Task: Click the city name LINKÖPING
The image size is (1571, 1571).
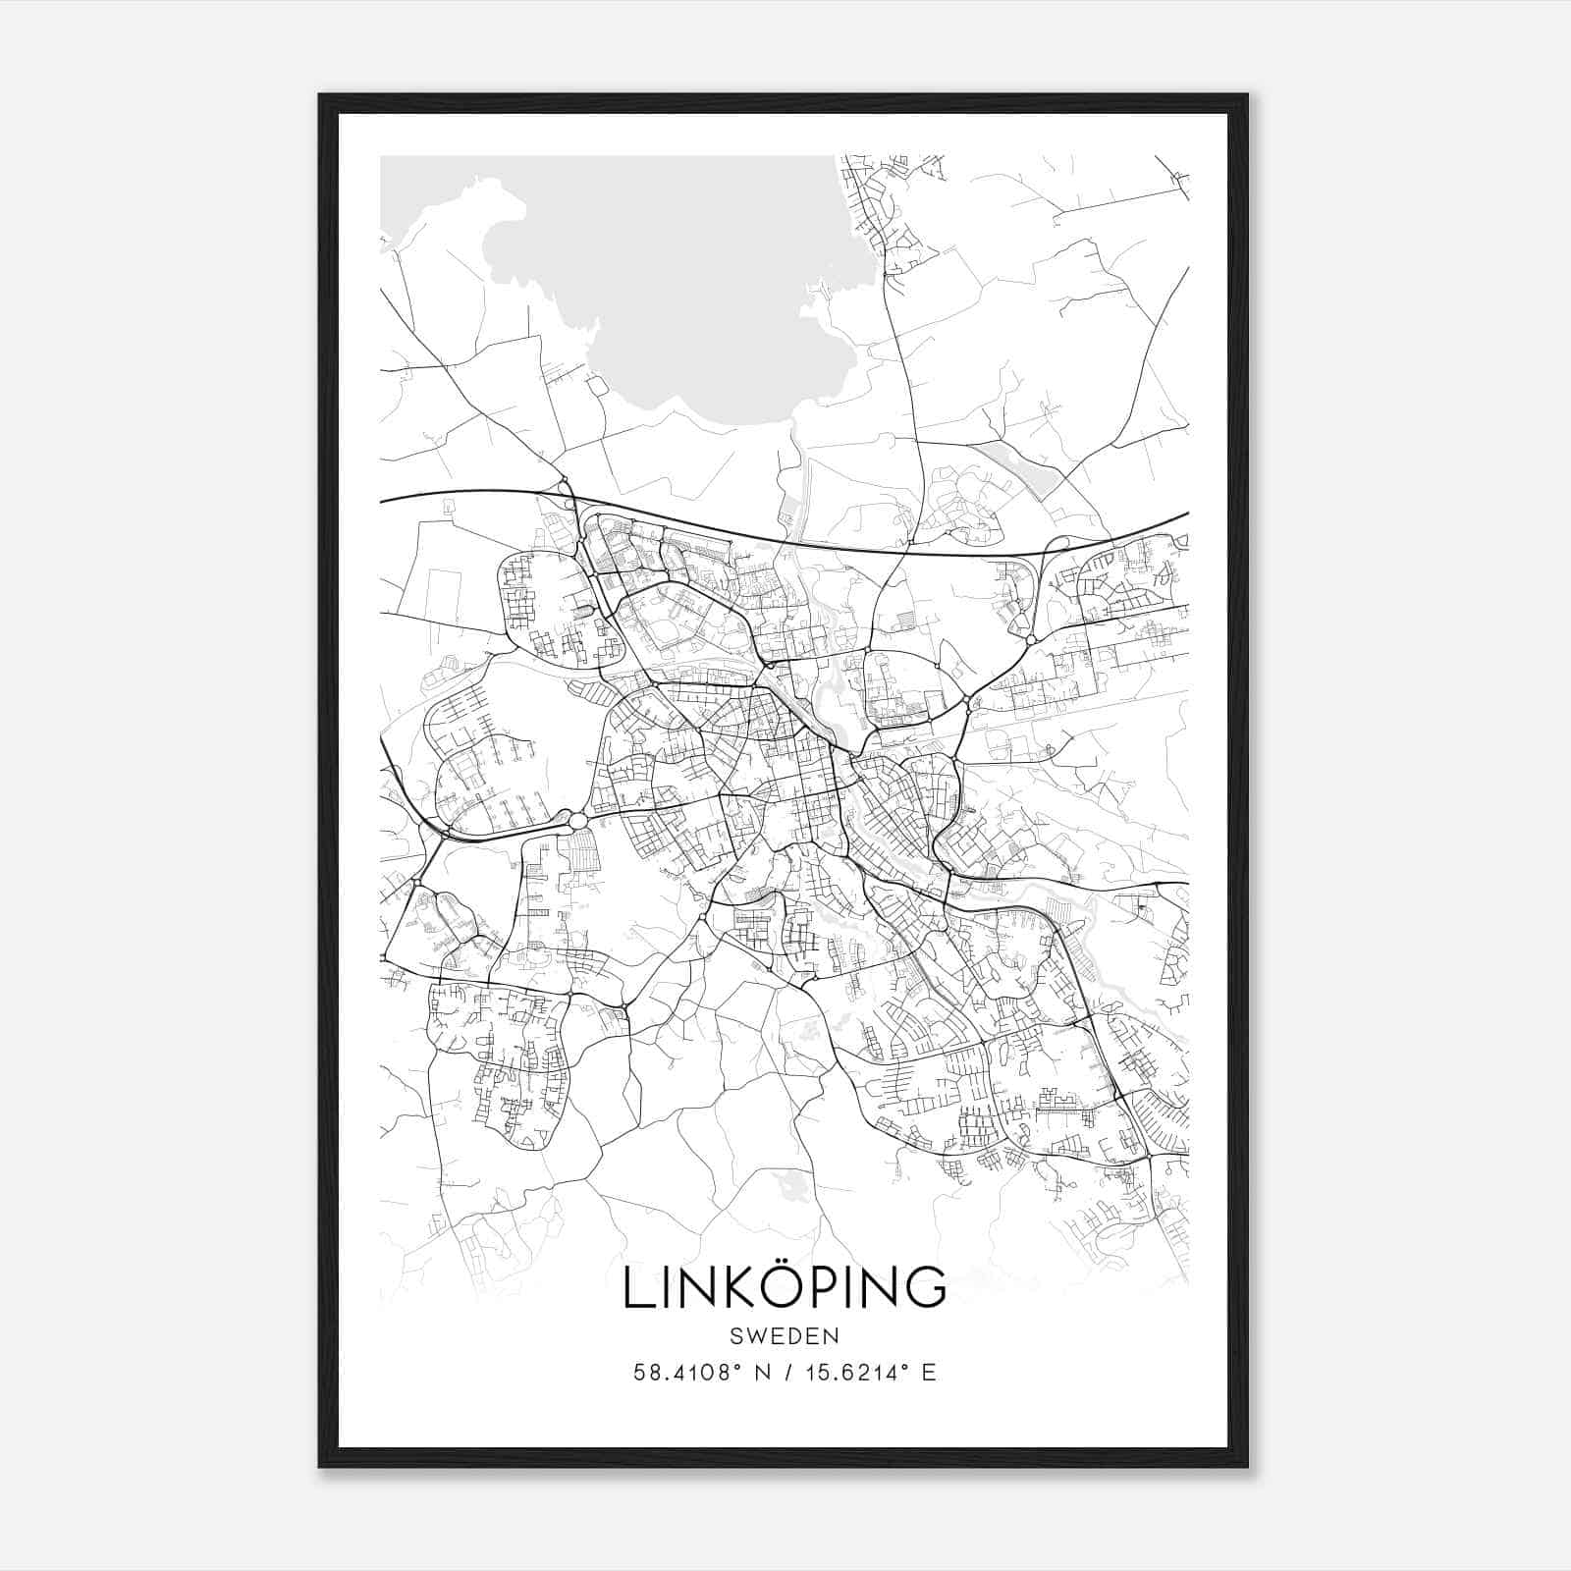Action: [785, 1287]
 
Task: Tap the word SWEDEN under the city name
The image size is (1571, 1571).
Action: [785, 1336]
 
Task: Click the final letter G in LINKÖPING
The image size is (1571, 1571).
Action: [925, 1287]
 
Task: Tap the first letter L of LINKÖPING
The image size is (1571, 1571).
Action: [637, 1287]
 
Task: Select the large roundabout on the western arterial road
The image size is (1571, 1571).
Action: [578, 820]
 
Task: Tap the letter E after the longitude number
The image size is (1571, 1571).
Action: [928, 1373]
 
